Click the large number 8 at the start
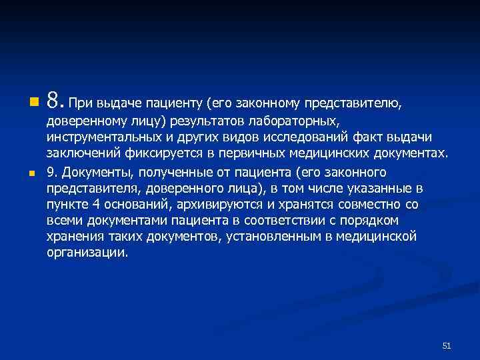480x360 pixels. (x=54, y=101)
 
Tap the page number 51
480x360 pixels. (x=447, y=345)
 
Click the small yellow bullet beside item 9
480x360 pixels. (x=32, y=173)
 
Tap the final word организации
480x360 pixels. (x=86, y=254)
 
